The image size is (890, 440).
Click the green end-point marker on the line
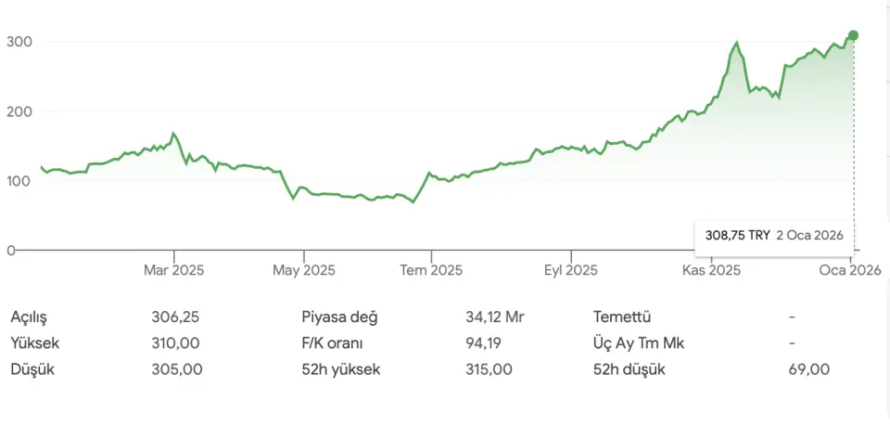pyautogui.click(x=853, y=35)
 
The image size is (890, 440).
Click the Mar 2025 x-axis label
pyautogui.click(x=173, y=270)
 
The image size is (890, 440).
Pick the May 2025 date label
pyautogui.click(x=304, y=270)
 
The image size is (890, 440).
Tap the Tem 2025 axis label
pyautogui.click(x=430, y=270)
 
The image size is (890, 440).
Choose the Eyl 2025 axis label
pyautogui.click(x=571, y=270)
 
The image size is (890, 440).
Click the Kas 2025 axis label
pyautogui.click(x=711, y=270)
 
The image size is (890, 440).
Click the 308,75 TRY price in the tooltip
pyautogui.click(x=736, y=236)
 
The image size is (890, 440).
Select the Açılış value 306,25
pyautogui.click(x=175, y=317)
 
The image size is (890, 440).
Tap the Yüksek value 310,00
pyautogui.click(x=175, y=343)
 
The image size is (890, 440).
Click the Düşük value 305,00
pyautogui.click(x=175, y=369)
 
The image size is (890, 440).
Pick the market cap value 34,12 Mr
pyautogui.click(x=495, y=317)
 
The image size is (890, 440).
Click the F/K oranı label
pyautogui.click(x=337, y=343)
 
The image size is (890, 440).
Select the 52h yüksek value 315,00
pyautogui.click(x=489, y=369)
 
